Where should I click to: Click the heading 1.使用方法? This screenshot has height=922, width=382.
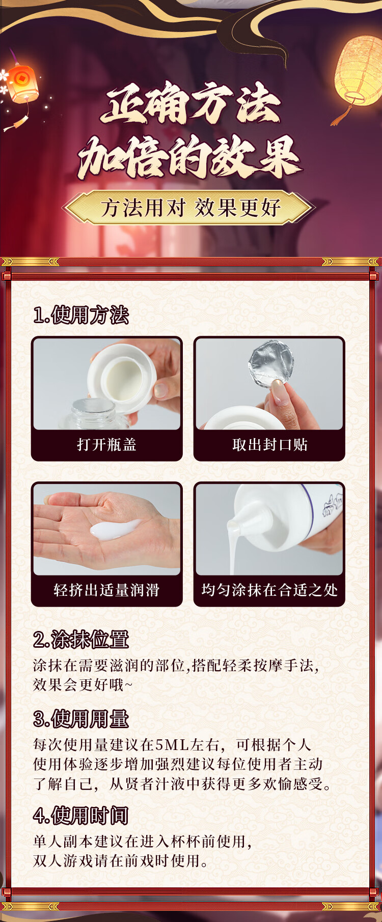click(x=81, y=315)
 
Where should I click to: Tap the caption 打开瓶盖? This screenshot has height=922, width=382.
click(x=107, y=445)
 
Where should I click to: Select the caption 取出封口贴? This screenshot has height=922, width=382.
click(x=270, y=445)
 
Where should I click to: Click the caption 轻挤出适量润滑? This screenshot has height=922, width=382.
click(x=107, y=590)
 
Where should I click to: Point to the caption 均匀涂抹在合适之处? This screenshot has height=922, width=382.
click(x=270, y=590)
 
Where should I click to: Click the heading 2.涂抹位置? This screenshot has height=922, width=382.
click(x=81, y=640)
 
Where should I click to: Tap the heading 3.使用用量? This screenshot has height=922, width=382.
click(x=81, y=719)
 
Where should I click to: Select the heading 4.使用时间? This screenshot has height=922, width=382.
click(x=81, y=816)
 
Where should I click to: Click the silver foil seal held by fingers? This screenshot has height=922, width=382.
click(x=271, y=363)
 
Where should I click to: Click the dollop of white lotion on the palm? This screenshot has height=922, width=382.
click(x=115, y=529)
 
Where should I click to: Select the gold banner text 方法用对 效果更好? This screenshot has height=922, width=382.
click(x=191, y=208)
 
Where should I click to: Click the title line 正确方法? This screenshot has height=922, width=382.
click(x=191, y=104)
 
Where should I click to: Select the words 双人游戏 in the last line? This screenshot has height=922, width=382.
click(x=64, y=861)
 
